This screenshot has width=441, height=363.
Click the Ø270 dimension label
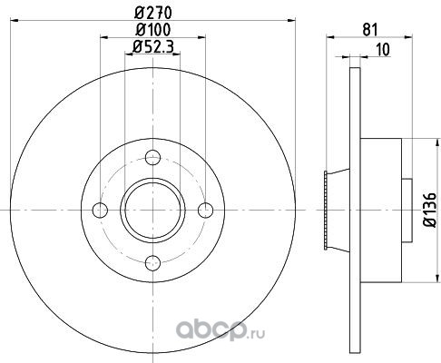click(152, 13)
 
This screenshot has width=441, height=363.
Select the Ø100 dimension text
click(152, 30)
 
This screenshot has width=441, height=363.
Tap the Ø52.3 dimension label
click(152, 47)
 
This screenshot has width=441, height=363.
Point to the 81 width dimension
click(370, 30)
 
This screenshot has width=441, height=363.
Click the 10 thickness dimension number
click(383, 50)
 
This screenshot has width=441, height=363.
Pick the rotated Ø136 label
click(429, 210)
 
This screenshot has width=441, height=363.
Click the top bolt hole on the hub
click(152, 157)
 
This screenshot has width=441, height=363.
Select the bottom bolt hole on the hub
click(152, 263)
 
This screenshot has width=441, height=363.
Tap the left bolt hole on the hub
click(100, 211)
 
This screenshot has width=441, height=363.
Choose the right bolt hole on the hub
click(206, 211)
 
